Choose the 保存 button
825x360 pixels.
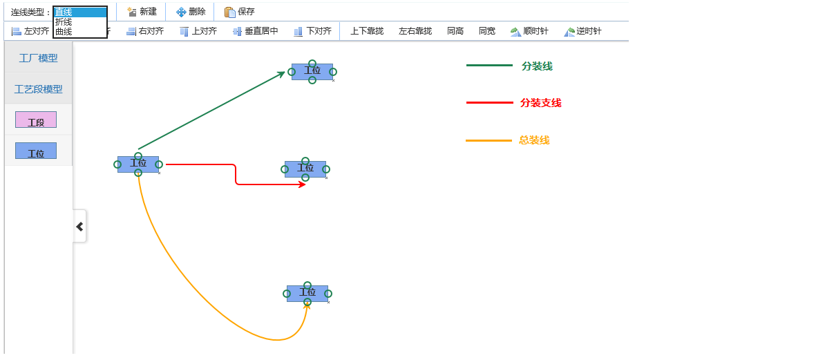240,12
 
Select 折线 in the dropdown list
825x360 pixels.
64,22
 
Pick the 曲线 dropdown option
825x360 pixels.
64,32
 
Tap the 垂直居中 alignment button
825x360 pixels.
256,31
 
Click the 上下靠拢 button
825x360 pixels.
367,31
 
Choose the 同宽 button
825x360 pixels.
487,31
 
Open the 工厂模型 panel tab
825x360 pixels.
39,58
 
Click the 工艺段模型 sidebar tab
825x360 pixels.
39,89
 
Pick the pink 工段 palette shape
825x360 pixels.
36,120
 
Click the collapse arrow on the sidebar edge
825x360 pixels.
79,226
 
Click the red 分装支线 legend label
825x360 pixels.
540,103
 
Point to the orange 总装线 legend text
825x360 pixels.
534,140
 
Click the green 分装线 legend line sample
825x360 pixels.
489,66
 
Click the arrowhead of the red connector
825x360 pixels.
303,184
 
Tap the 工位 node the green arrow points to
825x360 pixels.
312,71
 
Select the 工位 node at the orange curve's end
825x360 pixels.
307,293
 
